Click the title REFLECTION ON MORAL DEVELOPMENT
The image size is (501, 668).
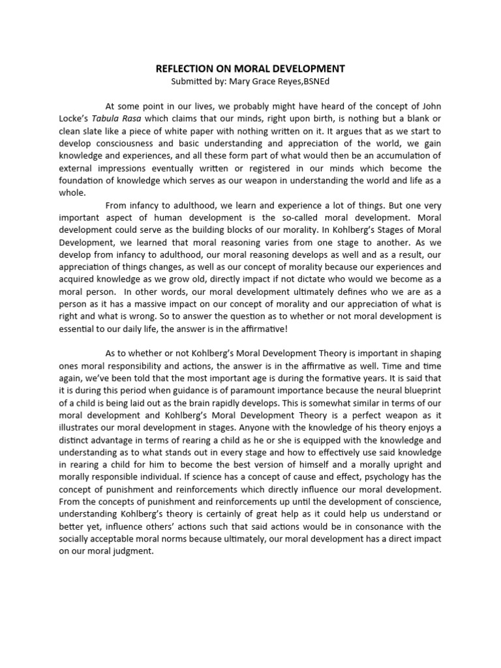[250, 68]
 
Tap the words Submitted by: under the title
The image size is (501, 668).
[196, 82]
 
